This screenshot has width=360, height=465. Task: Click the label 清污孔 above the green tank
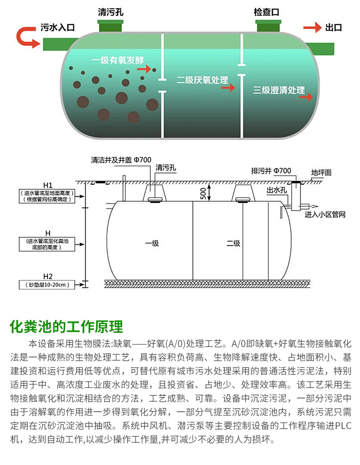pos(111,12)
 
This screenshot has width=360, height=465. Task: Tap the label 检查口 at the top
pos(266,12)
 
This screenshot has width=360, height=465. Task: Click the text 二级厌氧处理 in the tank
pos(202,80)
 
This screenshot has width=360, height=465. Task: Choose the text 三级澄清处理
pos(279,90)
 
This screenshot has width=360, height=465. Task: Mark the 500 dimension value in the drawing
pos(202,192)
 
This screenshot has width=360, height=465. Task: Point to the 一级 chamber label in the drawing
pos(152,243)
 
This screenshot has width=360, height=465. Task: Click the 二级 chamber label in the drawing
pos(233,243)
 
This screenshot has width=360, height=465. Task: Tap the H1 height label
pos(48,185)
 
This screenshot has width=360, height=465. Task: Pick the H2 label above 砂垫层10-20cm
pos(48,276)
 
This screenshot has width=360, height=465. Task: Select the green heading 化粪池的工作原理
pos(66,327)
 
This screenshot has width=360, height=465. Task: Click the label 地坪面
pos(321,173)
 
